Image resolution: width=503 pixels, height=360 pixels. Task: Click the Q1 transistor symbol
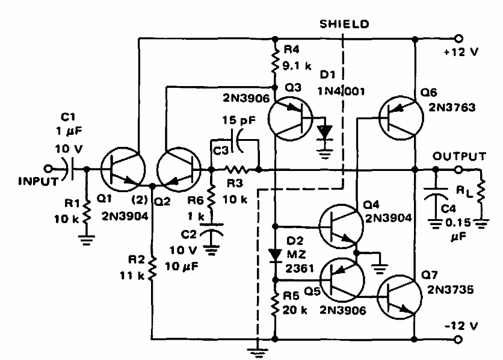click(123, 169)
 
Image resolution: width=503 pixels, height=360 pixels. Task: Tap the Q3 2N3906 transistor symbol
click(290, 119)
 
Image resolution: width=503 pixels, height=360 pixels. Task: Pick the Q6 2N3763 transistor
click(401, 118)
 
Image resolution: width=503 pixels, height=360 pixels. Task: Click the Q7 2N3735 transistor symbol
click(400, 297)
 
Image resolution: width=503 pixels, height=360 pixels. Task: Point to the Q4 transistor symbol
click(341, 226)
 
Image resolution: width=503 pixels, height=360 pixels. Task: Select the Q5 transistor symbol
click(342, 281)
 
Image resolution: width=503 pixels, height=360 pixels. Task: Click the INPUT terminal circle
click(48, 169)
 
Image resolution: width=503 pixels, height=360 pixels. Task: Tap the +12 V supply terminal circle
click(458, 39)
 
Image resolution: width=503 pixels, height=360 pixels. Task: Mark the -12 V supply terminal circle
click(458, 339)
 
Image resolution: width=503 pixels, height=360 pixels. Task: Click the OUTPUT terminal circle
click(458, 169)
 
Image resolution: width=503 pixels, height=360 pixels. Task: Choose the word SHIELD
click(345, 24)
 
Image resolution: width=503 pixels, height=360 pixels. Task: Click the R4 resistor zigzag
click(275, 61)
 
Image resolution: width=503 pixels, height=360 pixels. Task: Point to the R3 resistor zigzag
click(235, 169)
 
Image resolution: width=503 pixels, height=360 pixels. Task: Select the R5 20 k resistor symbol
click(275, 303)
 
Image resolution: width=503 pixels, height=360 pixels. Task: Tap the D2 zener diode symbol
click(275, 255)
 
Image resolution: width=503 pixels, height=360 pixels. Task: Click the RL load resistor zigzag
click(481, 191)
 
